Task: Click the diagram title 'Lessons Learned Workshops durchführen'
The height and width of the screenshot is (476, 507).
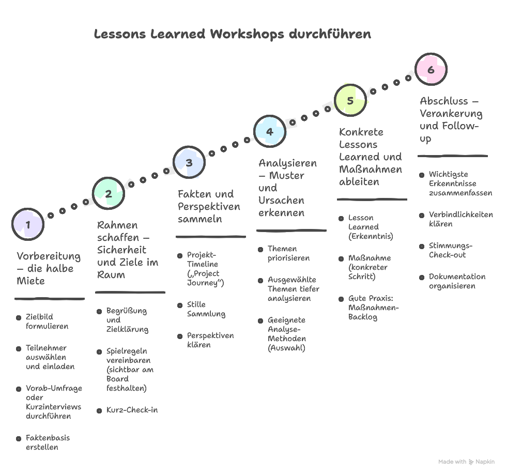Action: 232,35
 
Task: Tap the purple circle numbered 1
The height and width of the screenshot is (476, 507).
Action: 27,224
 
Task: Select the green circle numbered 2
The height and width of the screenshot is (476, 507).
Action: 109,194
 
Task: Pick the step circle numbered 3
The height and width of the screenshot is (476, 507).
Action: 189,162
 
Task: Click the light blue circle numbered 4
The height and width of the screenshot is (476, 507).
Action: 269,131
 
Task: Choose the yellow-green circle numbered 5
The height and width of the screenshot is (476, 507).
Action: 350,100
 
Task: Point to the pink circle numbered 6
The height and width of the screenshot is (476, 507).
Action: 431,69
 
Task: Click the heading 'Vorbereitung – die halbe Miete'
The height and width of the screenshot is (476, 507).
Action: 49,269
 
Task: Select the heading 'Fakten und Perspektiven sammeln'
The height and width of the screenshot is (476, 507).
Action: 209,207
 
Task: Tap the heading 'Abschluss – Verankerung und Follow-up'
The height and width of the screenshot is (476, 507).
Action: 451,120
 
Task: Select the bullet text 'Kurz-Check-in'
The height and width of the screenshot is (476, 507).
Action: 132,410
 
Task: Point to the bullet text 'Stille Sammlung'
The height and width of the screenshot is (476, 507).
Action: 206,309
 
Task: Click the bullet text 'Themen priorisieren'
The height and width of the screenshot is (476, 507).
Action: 288,253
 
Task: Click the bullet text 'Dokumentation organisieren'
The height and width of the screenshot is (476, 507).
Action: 457,281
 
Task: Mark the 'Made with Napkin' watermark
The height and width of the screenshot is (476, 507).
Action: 466,462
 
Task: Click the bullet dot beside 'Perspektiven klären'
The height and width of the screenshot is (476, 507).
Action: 179,336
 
